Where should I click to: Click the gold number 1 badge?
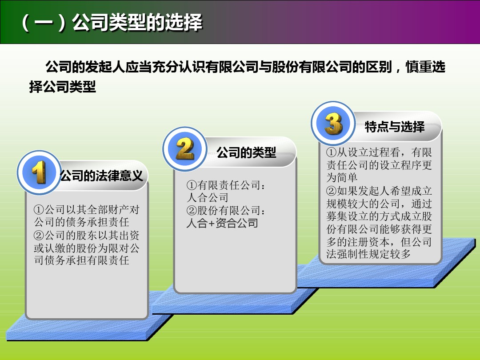click(x=39, y=172)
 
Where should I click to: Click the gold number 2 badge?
click(x=184, y=149)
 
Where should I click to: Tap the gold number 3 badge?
click(x=333, y=123)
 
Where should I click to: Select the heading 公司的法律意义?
click(x=101, y=176)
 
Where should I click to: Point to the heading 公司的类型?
click(x=246, y=152)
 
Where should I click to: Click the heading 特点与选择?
click(x=395, y=127)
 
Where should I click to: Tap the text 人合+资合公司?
click(x=222, y=223)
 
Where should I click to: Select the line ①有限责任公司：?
click(x=226, y=185)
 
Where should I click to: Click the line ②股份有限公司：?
click(x=226, y=210)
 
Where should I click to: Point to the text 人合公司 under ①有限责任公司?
click(x=208, y=198)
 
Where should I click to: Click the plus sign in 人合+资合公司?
click(x=212, y=224)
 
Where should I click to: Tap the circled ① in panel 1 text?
click(x=39, y=210)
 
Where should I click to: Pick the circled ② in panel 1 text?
click(x=39, y=236)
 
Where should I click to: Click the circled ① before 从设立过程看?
click(x=332, y=152)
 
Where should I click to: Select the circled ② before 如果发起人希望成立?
click(x=332, y=191)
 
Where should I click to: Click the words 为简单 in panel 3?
click(x=342, y=177)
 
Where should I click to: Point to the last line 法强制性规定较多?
click(x=368, y=254)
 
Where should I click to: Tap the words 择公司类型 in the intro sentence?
click(x=63, y=87)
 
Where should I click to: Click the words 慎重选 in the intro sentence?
click(x=425, y=67)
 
